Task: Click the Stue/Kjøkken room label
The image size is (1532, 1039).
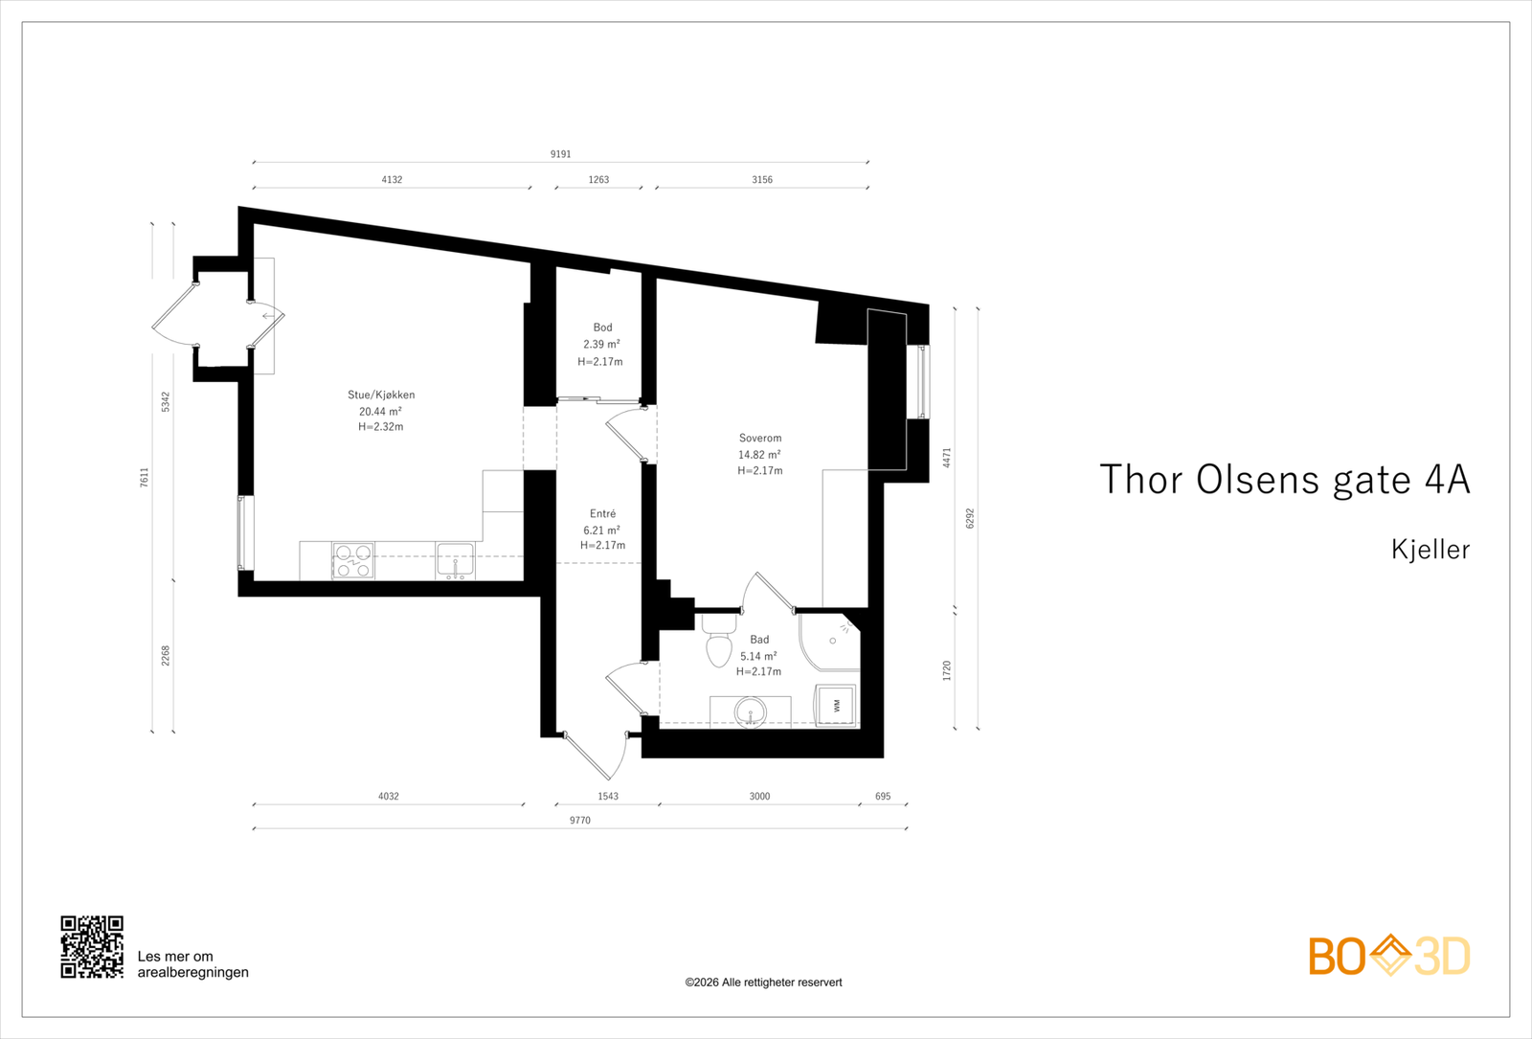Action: [x=381, y=395]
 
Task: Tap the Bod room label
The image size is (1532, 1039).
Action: [x=602, y=328]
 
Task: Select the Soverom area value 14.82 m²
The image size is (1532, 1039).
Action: [x=759, y=455]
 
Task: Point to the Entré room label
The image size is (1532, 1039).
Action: [x=602, y=513]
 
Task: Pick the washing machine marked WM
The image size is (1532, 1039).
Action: [x=836, y=705]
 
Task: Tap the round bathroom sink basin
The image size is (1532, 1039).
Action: [x=751, y=712]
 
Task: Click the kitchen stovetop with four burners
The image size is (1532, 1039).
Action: [x=353, y=561]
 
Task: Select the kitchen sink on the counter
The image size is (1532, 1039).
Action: [x=455, y=561]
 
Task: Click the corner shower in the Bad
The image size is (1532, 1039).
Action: [x=829, y=642]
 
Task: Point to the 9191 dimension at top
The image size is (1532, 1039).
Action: [x=561, y=154]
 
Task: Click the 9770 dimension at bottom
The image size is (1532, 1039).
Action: [x=580, y=821]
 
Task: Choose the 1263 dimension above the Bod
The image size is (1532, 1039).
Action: [x=598, y=180]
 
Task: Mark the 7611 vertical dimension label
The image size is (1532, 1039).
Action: [x=145, y=478]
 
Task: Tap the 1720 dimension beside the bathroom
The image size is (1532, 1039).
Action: [x=947, y=671]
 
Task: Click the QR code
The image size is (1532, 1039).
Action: [x=92, y=947]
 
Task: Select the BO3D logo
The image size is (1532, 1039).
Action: [x=1389, y=957]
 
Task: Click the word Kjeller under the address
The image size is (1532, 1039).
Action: [x=1431, y=550]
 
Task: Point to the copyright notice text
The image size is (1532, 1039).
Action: [x=763, y=983]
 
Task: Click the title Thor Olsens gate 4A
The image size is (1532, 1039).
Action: [x=1285, y=480]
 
